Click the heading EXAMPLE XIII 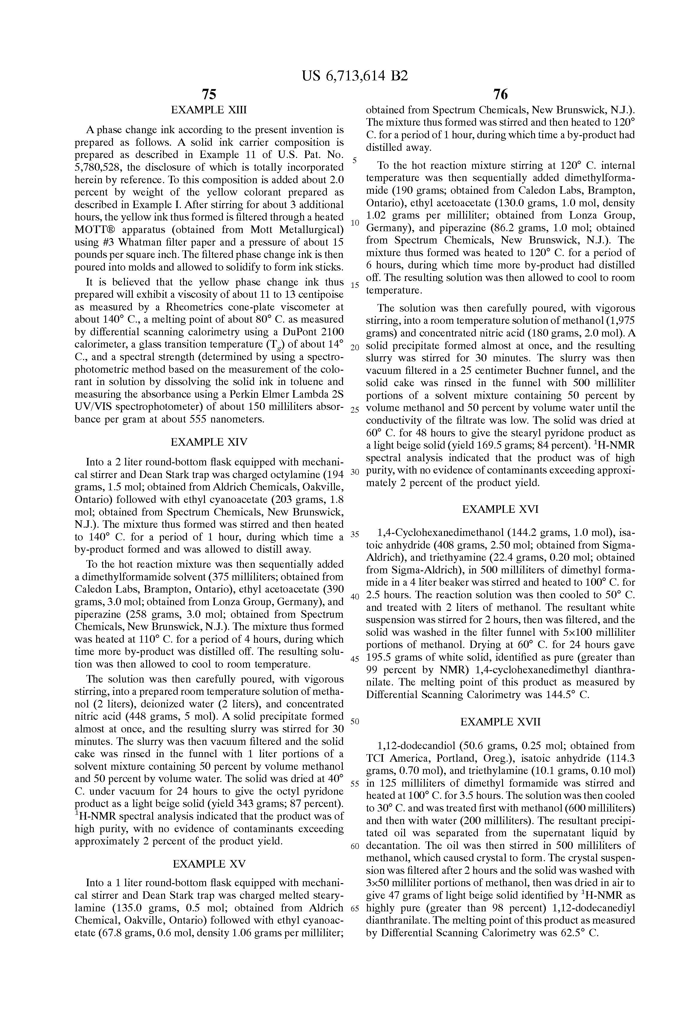(x=209, y=110)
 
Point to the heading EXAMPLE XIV (x=209, y=441)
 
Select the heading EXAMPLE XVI (x=500, y=509)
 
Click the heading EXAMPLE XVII (x=500, y=722)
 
